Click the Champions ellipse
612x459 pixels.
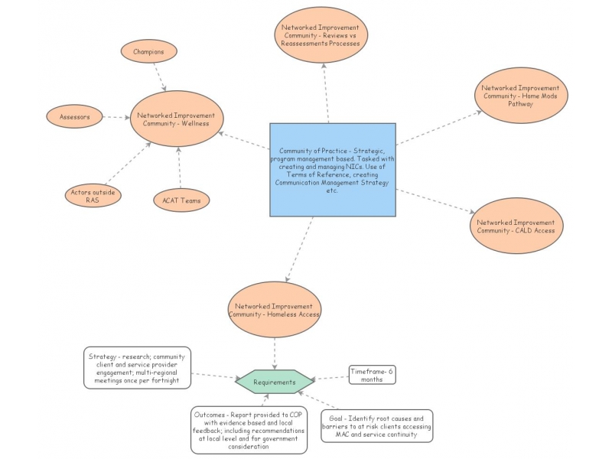(148, 52)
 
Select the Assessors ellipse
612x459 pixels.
(74, 117)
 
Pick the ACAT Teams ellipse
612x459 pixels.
(181, 200)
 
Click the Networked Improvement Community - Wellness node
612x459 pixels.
(176, 119)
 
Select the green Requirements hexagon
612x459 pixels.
(274, 382)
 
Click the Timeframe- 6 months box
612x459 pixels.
(372, 375)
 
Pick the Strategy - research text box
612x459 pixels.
(135, 367)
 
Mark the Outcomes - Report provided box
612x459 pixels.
(249, 430)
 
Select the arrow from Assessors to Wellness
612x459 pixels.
(115, 117)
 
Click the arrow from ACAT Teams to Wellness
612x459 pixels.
(179, 167)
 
